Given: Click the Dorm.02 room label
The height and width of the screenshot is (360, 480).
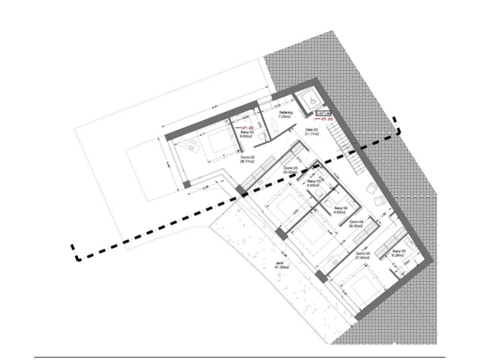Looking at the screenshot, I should pyautogui.click(x=247, y=160).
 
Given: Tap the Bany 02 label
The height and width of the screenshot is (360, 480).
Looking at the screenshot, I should pyautogui.click(x=247, y=134).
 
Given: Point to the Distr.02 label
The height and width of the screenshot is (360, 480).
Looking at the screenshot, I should pyautogui.click(x=312, y=132).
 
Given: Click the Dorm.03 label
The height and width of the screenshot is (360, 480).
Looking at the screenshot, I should pyautogui.click(x=291, y=170).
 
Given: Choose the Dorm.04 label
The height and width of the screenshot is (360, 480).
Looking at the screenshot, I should pyautogui.click(x=356, y=223).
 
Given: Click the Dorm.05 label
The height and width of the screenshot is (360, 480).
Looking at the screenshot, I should pyautogui.click(x=363, y=256).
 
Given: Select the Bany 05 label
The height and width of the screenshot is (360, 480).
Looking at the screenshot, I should pyautogui.click(x=399, y=253).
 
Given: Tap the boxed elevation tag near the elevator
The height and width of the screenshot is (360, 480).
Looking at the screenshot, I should pyautogui.click(x=323, y=113).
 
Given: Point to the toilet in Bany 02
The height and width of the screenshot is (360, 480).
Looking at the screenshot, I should pyautogui.click(x=262, y=139).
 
